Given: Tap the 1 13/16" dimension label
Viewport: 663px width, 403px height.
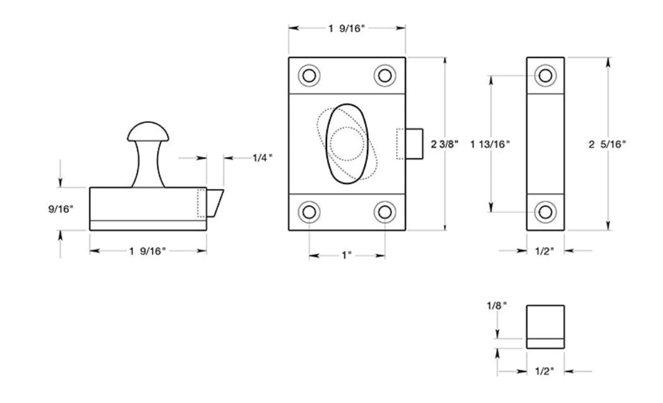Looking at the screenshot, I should coord(491,144).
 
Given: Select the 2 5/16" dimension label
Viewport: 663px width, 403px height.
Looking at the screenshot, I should coord(607,144).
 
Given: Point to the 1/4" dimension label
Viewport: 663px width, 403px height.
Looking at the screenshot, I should coord(261,158).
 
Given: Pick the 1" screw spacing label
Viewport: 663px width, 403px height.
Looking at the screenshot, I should coord(347,256).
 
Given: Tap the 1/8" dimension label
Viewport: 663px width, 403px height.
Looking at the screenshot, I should coord(497,305).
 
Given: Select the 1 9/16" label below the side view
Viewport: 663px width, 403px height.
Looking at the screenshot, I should coord(147,251).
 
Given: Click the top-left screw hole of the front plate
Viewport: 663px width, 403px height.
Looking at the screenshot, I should coord(309,76).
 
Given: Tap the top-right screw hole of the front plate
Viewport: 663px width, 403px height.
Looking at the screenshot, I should coord(385,76).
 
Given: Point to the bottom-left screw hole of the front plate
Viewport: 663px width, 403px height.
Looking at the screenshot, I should coord(309,212).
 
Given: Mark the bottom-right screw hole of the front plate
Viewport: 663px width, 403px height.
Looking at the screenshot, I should coord(385,212).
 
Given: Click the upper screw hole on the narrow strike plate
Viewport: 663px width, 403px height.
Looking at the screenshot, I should coord(546,76).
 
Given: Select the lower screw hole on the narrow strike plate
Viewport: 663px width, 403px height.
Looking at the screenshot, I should coord(546,212).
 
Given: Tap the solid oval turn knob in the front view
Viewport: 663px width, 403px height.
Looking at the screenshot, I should coord(346,144).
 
